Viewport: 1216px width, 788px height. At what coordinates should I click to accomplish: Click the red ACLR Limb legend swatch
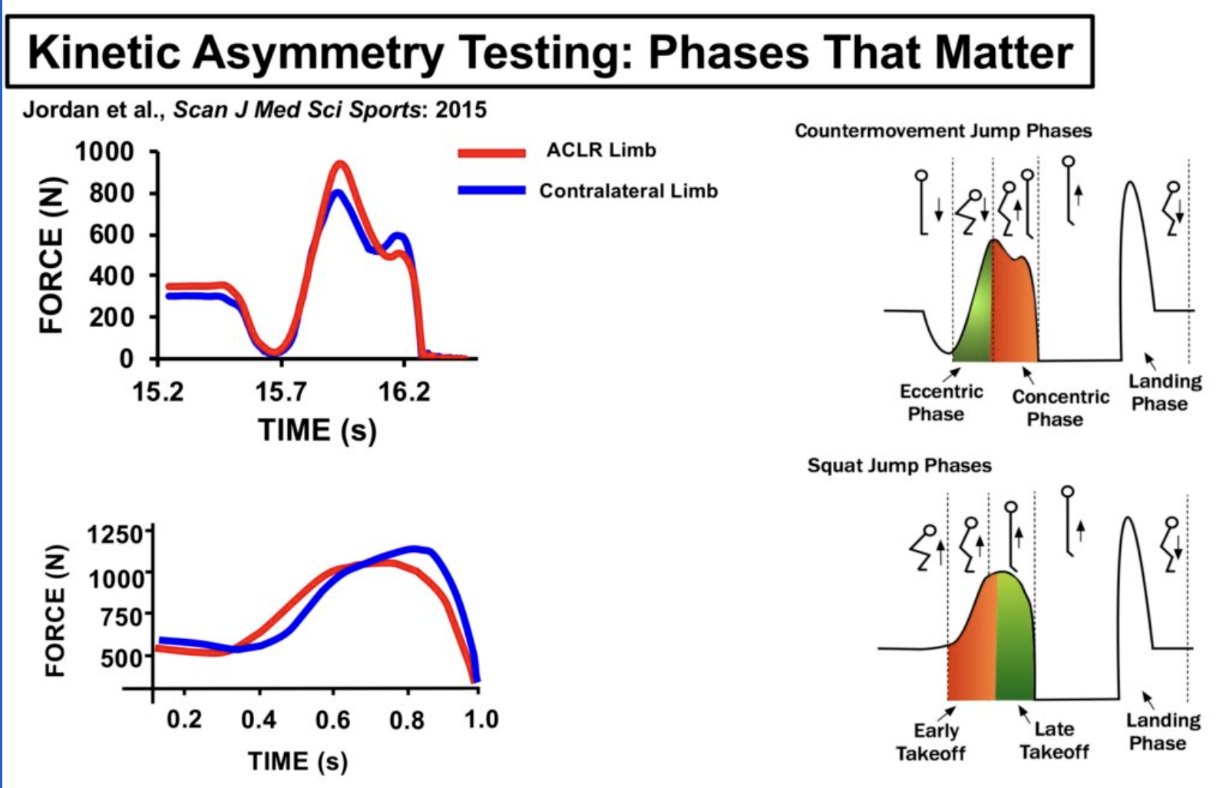point(491,152)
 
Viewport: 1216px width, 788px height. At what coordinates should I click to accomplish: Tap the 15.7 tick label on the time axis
point(280,392)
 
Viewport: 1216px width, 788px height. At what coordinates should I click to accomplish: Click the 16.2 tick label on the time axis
point(404,392)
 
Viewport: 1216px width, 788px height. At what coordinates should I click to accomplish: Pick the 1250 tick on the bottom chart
point(115,534)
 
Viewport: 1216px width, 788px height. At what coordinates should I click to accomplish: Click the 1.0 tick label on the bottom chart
point(481,720)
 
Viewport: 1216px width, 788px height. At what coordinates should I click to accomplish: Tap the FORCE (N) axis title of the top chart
point(51,256)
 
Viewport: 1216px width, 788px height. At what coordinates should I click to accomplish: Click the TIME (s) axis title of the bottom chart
point(298,761)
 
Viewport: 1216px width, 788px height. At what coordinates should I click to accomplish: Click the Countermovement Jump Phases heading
point(943,131)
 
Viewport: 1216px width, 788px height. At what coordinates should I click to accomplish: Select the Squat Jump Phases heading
point(899,465)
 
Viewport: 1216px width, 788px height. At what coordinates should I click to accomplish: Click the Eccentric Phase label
point(940,402)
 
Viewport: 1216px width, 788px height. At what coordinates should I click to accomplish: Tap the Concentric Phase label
point(1059,408)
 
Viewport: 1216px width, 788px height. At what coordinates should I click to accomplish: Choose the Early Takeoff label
point(932,741)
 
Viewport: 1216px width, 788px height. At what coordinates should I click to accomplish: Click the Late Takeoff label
point(1054,740)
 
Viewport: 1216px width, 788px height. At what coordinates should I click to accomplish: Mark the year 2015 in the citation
point(461,110)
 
